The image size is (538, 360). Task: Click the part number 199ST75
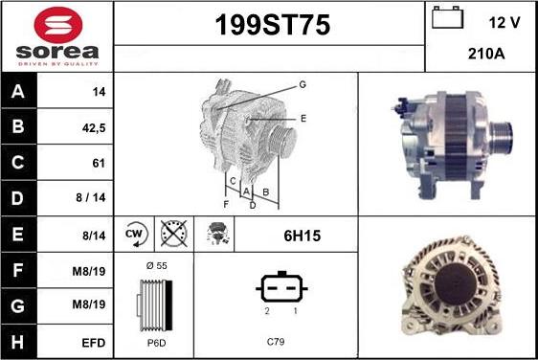pos(273,25)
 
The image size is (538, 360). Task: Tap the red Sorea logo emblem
pos(58,24)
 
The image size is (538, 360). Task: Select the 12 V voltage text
pos(504,23)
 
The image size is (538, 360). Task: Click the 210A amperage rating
pos(486,54)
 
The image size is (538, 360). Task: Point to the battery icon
pos(447,17)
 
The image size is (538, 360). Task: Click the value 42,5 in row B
pos(94,128)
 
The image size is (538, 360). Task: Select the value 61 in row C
pos(99,163)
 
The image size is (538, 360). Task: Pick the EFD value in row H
pos(93,343)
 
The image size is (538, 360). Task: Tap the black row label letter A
pos(18,91)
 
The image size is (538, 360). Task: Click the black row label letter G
pos(18,305)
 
